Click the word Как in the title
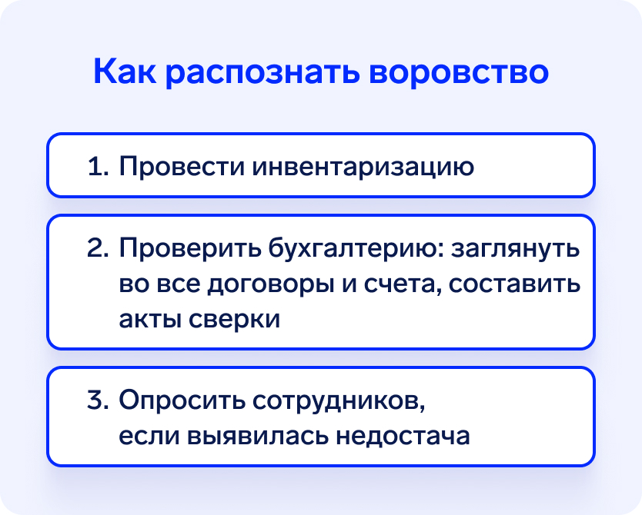click(x=125, y=71)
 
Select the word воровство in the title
click(x=459, y=73)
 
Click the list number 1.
click(x=98, y=166)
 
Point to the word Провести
click(x=182, y=166)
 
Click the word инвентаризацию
click(x=363, y=167)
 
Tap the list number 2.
click(x=98, y=248)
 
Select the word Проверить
click(x=190, y=248)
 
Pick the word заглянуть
click(x=516, y=248)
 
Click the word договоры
click(x=270, y=285)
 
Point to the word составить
click(x=515, y=284)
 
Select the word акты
click(x=149, y=319)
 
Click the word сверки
click(x=234, y=319)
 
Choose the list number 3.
click(x=98, y=400)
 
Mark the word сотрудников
click(x=339, y=400)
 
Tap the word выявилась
click(x=258, y=436)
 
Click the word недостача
click(x=403, y=437)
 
